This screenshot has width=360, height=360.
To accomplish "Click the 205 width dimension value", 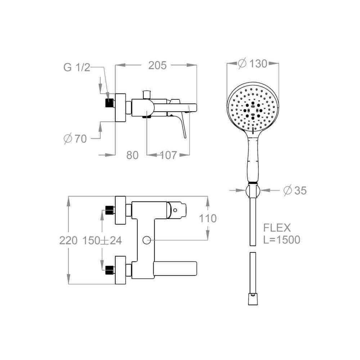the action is pos(157,66).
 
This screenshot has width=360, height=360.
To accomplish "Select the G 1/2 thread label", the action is pos(77,68).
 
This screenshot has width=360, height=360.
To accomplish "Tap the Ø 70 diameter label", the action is pos(75,139).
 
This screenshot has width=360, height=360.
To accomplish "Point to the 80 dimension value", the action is pos(132,155).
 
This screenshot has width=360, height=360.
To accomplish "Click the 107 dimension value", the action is pos(168,155).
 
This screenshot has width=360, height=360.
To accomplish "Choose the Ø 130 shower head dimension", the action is pos(253,63).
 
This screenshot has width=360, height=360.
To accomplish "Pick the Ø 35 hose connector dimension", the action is pos(295,190).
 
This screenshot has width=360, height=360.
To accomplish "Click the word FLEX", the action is pos(277,228).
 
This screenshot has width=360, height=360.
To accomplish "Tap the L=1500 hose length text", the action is pos(282,240).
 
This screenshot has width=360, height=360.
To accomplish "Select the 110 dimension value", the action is pos(208,219).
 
